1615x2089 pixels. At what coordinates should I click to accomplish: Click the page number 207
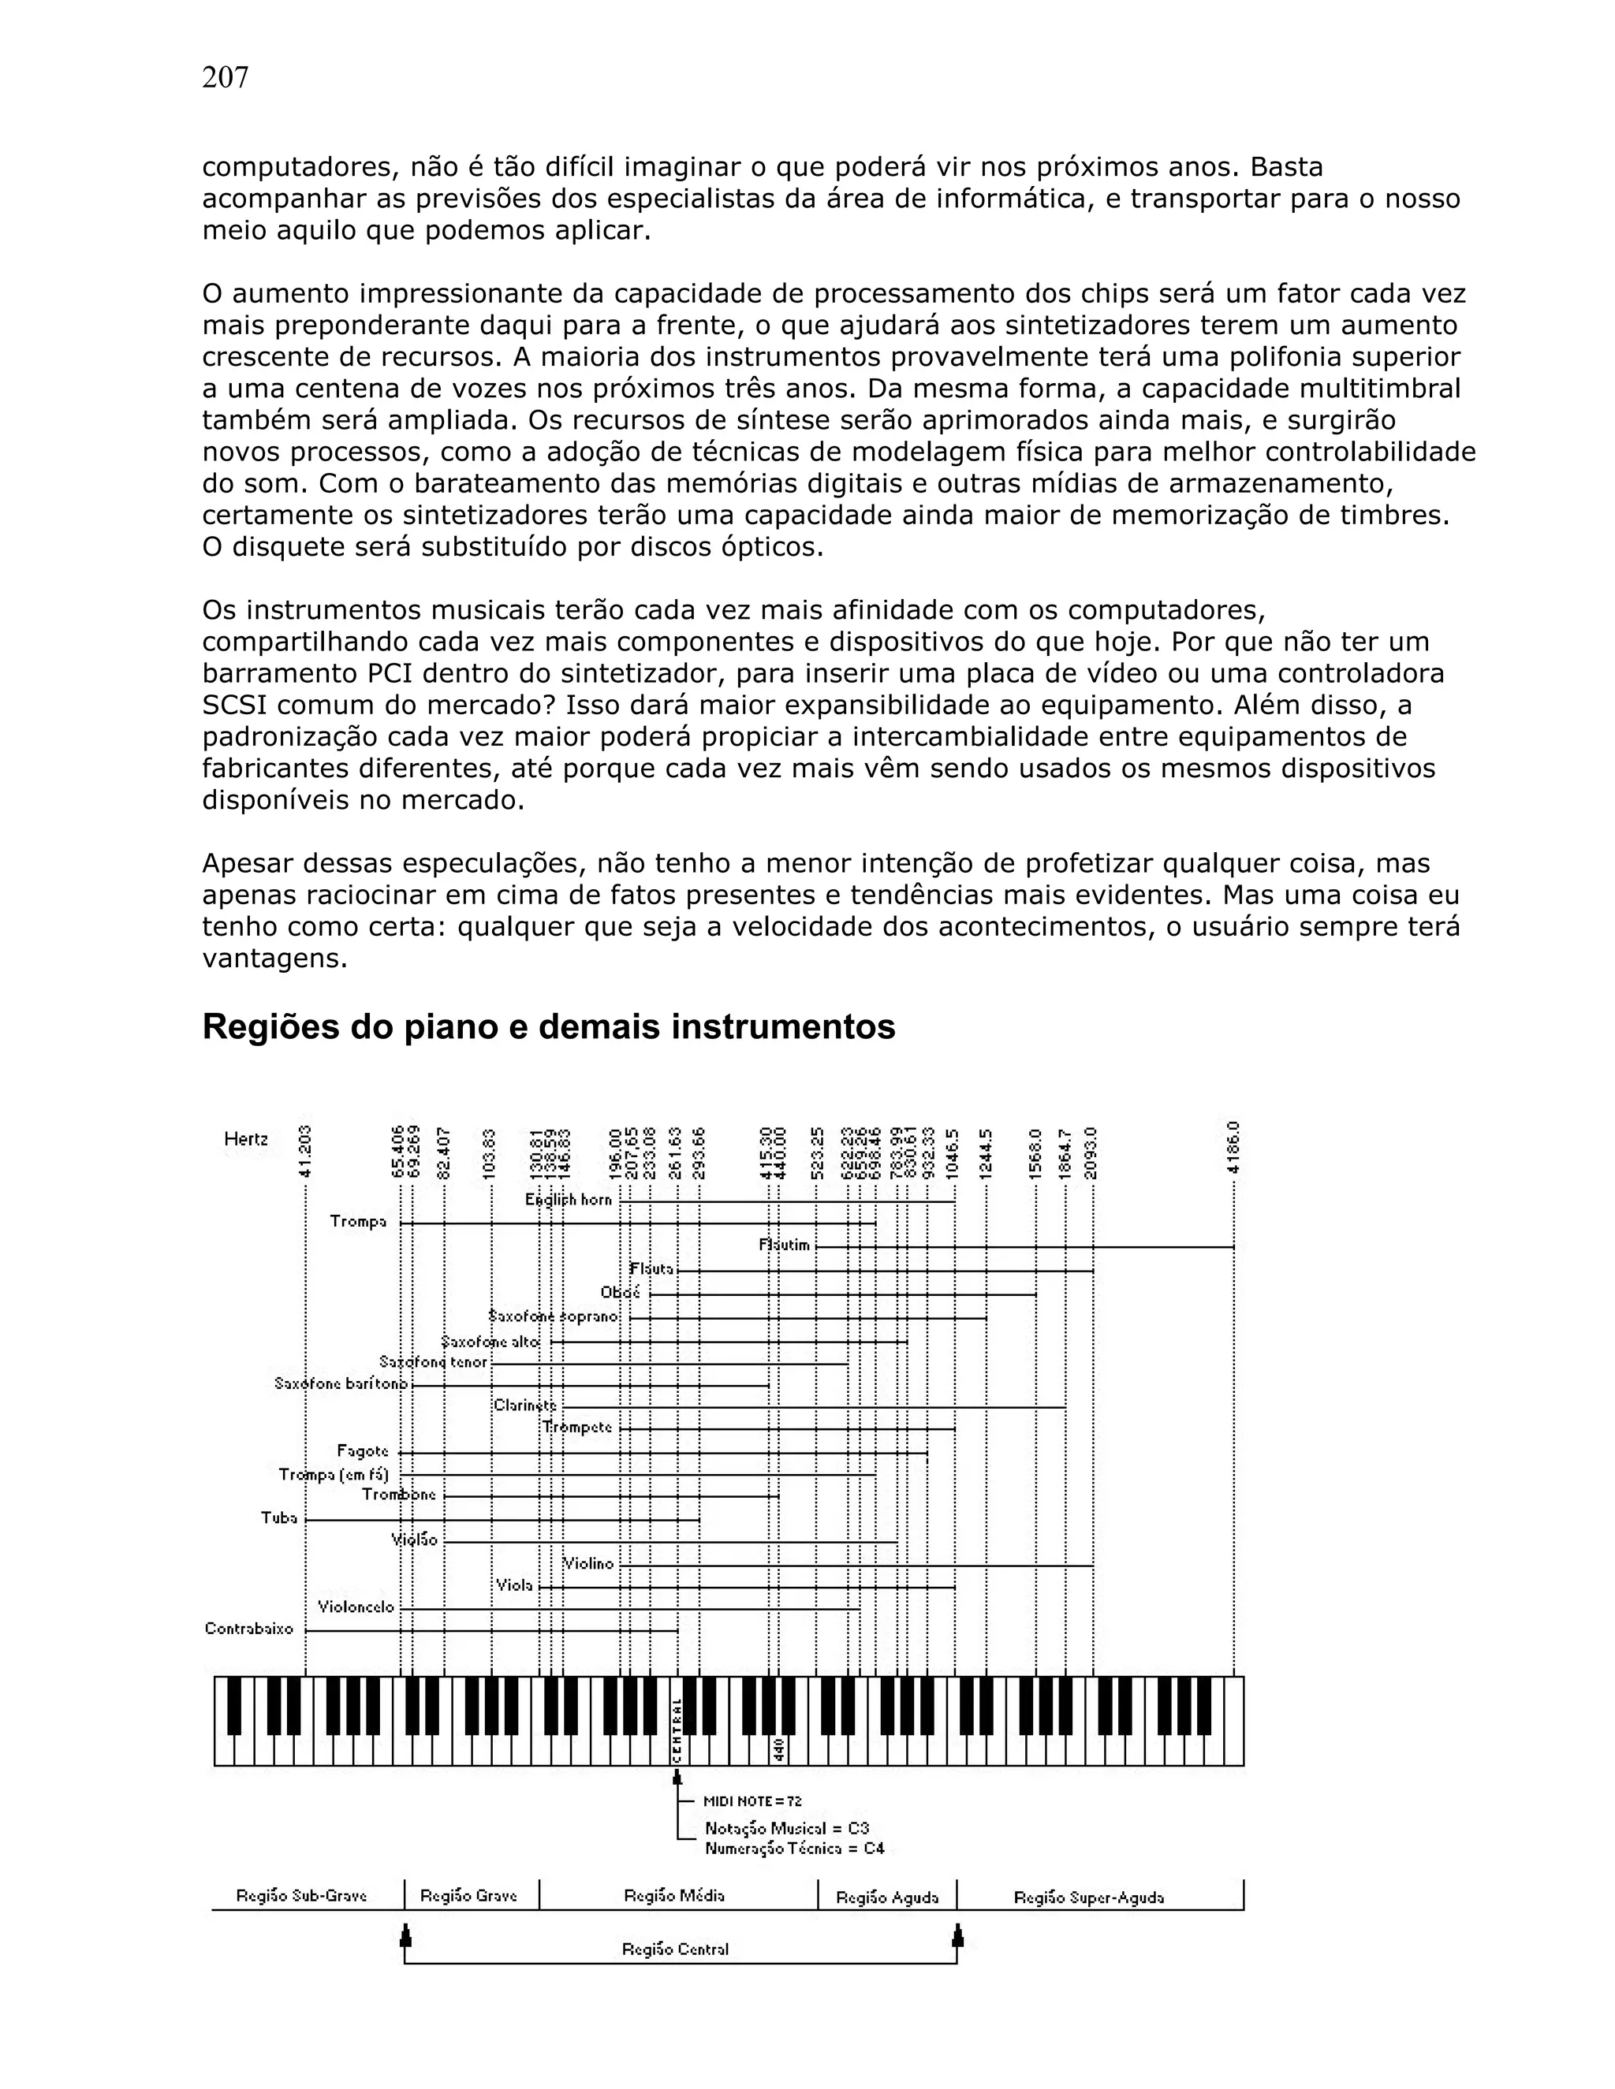[x=225, y=77]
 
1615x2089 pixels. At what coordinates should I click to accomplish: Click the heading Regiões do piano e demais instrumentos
[x=548, y=1027]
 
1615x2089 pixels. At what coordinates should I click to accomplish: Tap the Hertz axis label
[x=246, y=1139]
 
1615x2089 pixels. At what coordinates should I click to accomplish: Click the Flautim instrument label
[x=785, y=1246]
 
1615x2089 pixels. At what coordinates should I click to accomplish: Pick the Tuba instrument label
[x=279, y=1518]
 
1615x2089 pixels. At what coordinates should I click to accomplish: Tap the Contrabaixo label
[x=248, y=1629]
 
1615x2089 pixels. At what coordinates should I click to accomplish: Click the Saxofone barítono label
[x=341, y=1383]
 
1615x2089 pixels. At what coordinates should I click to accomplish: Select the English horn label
[x=569, y=1200]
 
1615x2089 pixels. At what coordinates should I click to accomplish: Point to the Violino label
[x=588, y=1564]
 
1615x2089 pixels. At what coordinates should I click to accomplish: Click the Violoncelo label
[x=356, y=1607]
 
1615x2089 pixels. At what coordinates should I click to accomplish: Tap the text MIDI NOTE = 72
[x=753, y=1801]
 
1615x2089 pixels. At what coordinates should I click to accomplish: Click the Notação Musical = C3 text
[x=786, y=1828]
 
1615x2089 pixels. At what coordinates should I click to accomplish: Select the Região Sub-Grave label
[x=301, y=1896]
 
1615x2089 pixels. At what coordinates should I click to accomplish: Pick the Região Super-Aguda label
[x=1089, y=1897]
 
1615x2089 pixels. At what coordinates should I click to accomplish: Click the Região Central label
[x=676, y=1949]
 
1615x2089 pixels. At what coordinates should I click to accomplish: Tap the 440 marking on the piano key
[x=779, y=1749]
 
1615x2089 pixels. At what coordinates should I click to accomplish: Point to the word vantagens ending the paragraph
[x=274, y=959]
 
